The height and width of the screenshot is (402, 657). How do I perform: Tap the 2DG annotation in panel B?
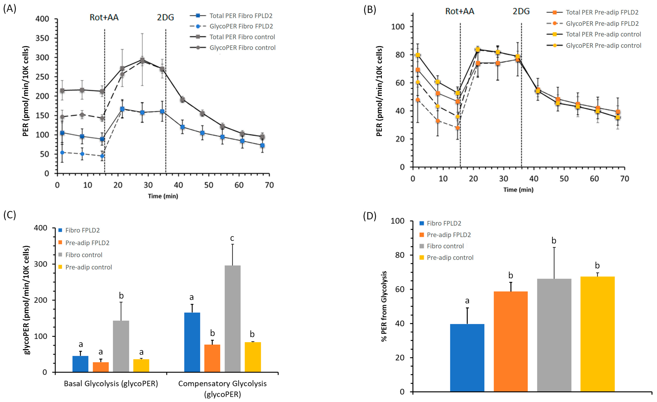click(521, 11)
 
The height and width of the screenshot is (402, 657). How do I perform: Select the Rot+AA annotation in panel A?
click(104, 17)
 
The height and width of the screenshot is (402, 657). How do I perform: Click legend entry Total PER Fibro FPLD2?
click(241, 16)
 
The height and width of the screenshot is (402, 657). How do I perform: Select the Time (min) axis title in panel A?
click(163, 196)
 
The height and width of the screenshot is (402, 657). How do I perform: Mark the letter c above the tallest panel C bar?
click(232, 238)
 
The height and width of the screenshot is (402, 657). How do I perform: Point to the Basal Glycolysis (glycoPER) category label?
click(111, 384)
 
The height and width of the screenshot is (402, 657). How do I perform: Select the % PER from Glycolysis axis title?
click(384, 306)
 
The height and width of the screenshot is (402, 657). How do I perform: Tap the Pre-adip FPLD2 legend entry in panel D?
click(449, 235)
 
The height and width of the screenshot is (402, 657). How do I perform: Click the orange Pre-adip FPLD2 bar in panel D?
click(511, 341)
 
